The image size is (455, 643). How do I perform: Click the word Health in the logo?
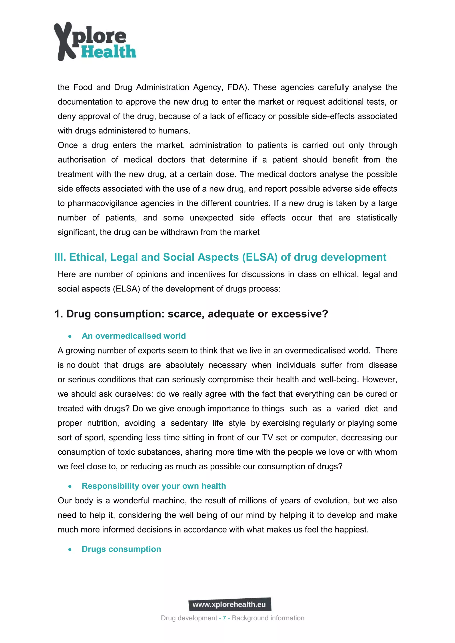[x=109, y=52]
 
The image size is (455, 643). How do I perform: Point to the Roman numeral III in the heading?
[x=60, y=257]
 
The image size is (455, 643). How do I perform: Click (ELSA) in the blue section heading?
[x=259, y=257]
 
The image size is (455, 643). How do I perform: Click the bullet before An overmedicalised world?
[x=70, y=336]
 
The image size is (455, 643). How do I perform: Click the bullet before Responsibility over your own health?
[x=70, y=486]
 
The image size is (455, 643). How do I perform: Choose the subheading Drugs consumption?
[x=121, y=549]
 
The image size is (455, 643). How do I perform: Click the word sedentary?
[x=189, y=423]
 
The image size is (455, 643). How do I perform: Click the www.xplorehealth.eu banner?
[x=229, y=605]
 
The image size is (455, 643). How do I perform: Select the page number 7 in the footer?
[x=224, y=618]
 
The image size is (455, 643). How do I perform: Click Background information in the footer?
[x=268, y=618]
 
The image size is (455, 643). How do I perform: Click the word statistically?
[x=377, y=218]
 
